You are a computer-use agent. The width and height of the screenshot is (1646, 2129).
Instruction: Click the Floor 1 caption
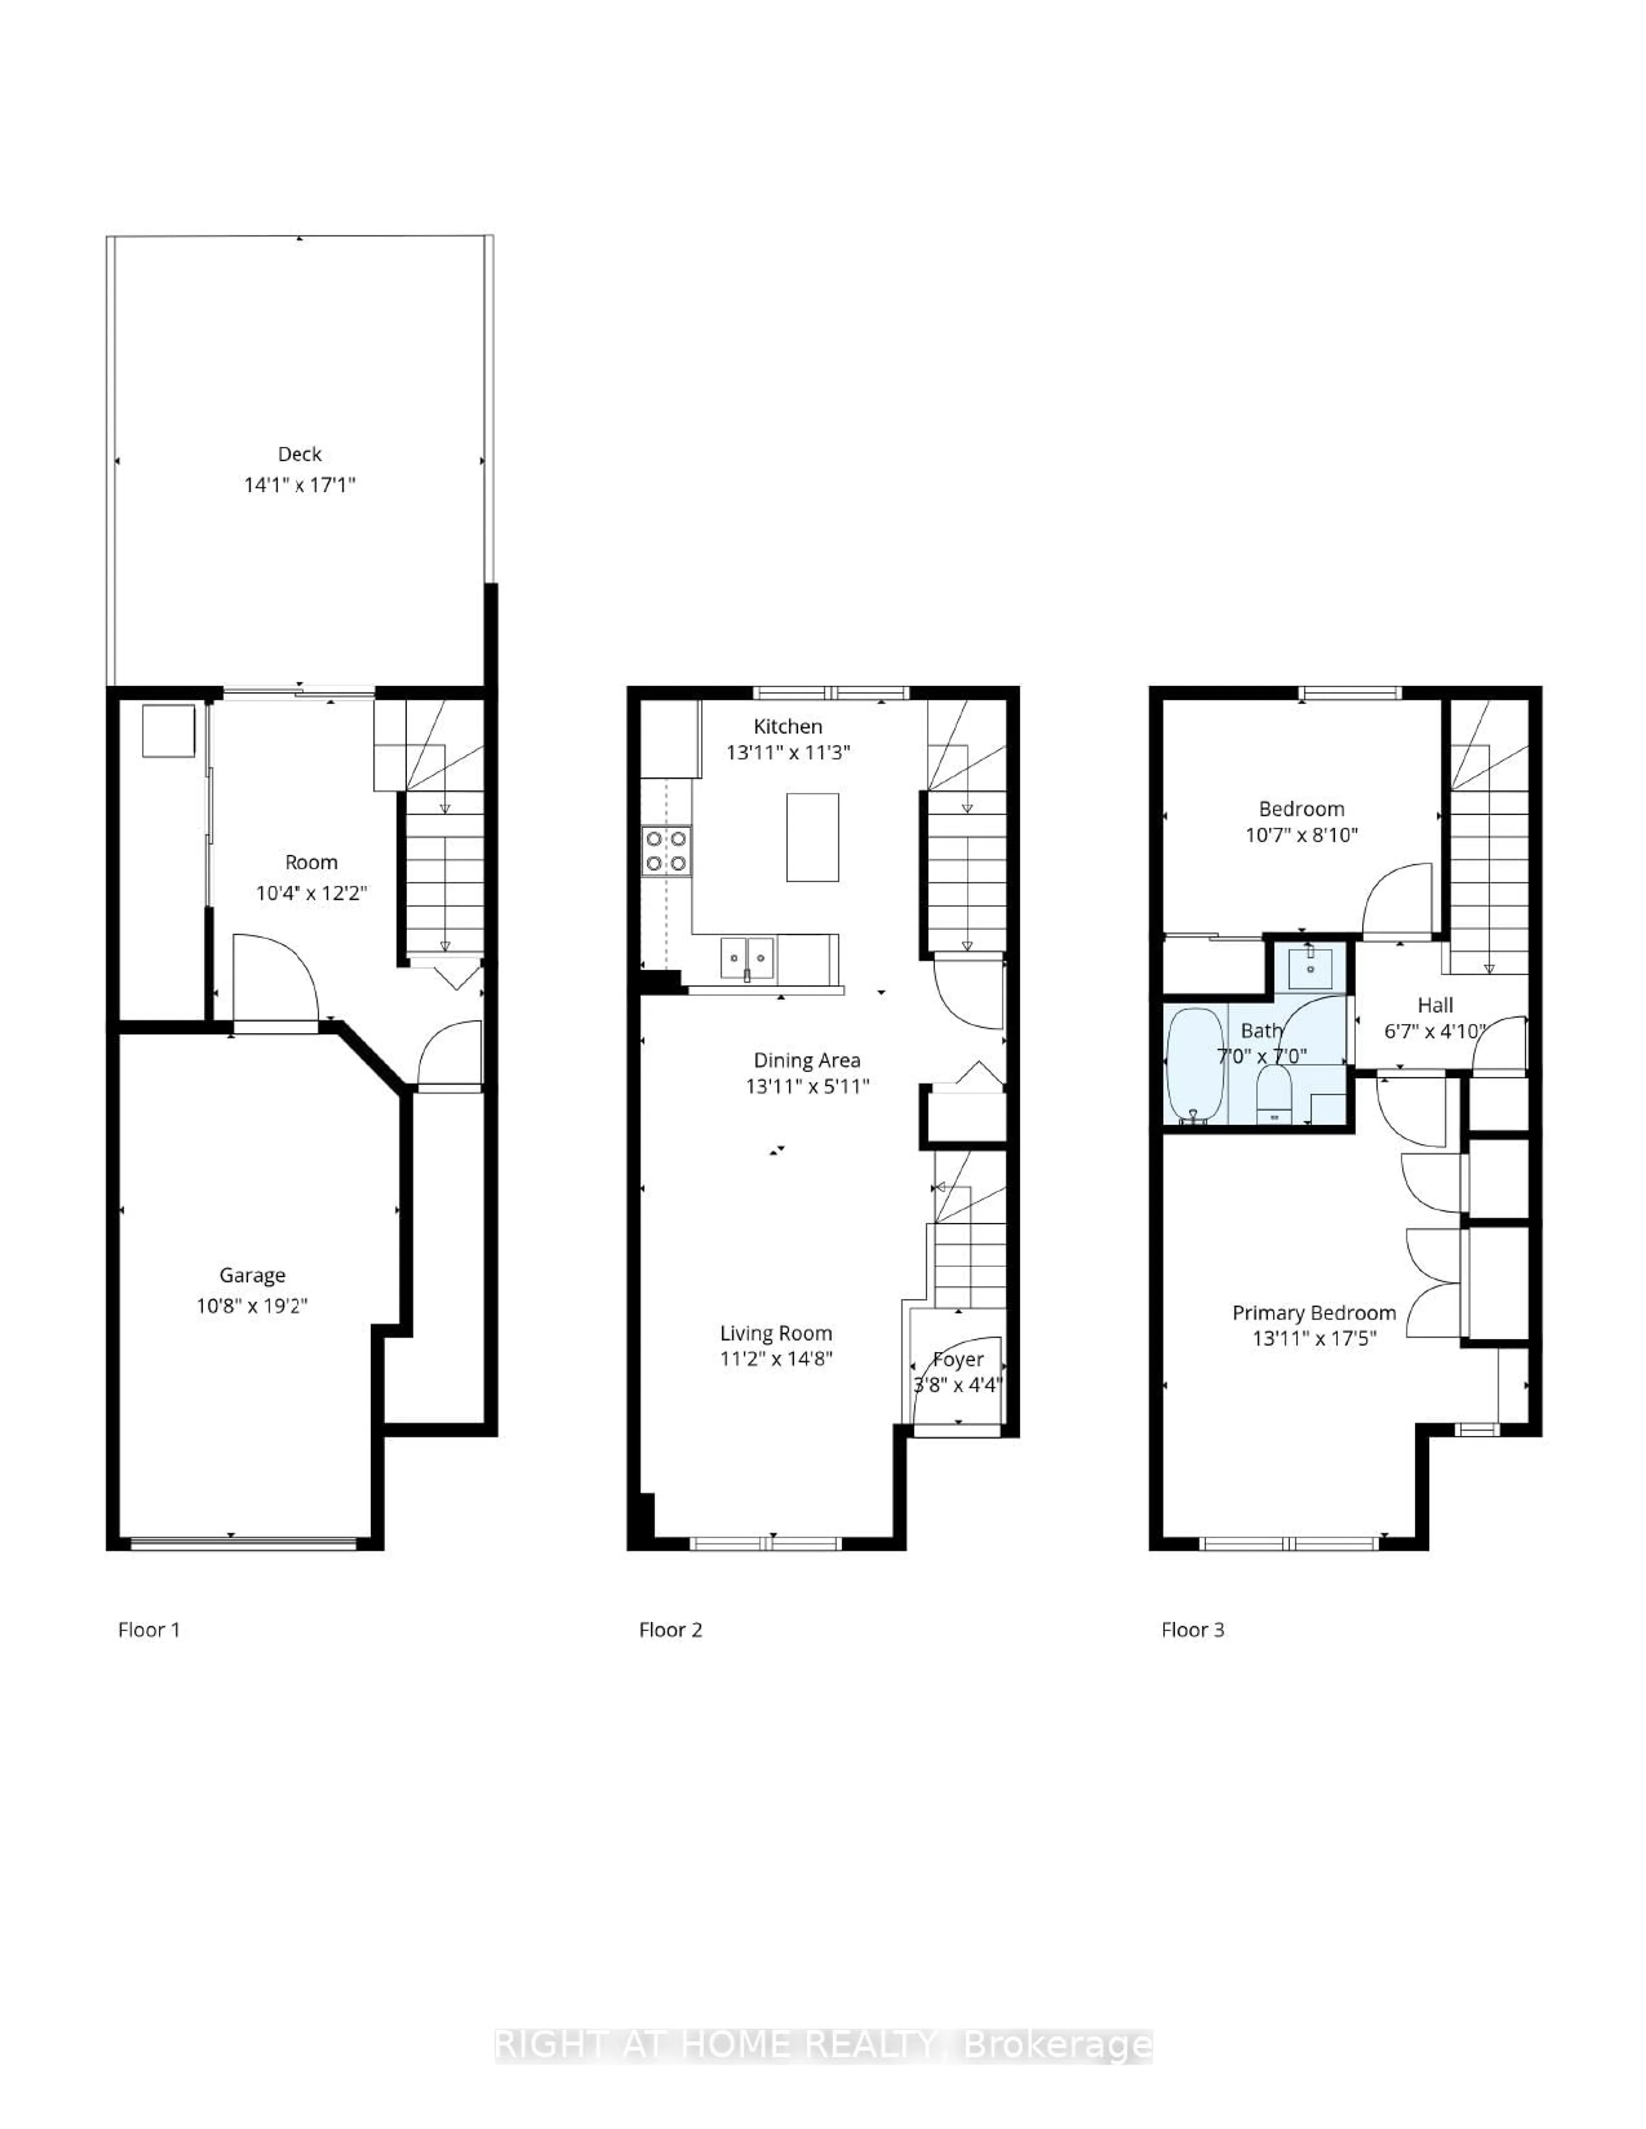[149, 1630]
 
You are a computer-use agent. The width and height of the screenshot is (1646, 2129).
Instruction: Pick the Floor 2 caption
[670, 1630]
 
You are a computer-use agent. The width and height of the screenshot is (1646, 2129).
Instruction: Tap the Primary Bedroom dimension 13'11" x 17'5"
[1314, 1338]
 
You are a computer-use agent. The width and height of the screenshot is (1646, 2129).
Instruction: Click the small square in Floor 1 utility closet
[168, 730]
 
